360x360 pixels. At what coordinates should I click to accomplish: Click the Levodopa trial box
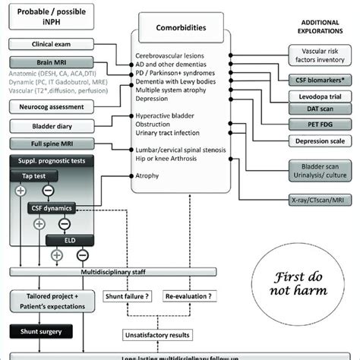(x=319, y=98)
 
